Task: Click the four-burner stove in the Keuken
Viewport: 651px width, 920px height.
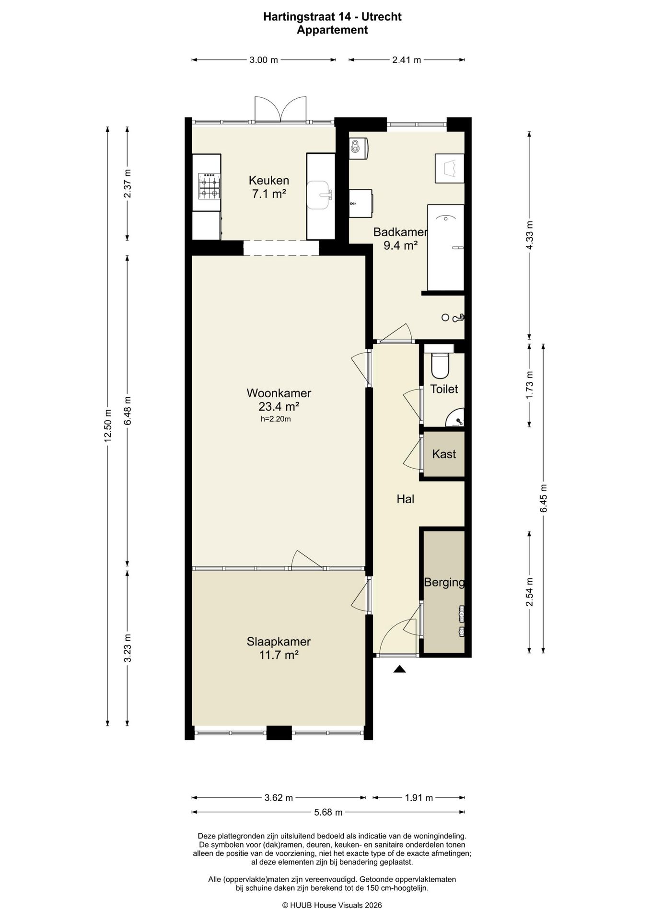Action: tap(209, 186)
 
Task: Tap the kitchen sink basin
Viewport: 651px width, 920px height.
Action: tap(318, 195)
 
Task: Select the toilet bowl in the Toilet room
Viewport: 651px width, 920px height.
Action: tap(440, 365)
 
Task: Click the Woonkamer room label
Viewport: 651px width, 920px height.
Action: tap(279, 393)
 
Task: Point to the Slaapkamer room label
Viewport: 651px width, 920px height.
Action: tap(279, 641)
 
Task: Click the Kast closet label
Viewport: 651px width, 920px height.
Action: tap(444, 454)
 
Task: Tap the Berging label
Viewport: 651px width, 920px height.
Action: tap(444, 582)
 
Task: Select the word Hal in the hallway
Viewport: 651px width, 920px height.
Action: tap(405, 499)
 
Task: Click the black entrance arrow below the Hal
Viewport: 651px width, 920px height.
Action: tap(400, 669)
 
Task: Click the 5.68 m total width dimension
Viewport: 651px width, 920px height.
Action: tap(328, 812)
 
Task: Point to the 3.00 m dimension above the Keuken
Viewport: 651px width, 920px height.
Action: tap(264, 60)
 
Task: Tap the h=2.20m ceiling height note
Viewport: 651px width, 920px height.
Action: tap(276, 419)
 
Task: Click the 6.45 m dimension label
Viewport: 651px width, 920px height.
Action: tap(544, 498)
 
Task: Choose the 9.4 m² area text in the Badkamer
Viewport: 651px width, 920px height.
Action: tap(400, 246)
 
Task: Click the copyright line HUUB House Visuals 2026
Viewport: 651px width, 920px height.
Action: tap(332, 905)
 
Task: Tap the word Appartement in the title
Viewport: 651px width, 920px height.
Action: tap(332, 30)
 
